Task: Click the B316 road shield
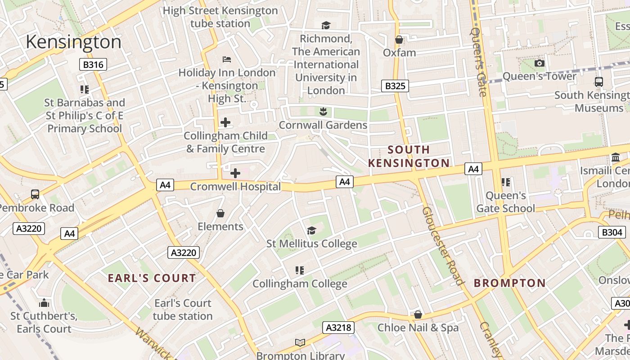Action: tap(93, 64)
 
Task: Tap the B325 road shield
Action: tap(395, 85)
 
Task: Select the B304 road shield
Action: tap(612, 232)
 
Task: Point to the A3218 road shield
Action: tap(338, 327)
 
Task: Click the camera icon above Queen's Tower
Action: tap(539, 63)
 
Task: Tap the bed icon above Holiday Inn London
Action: tap(227, 59)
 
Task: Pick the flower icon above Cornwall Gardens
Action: tap(323, 111)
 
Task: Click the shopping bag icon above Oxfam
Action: tap(399, 40)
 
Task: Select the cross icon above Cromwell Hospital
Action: tap(235, 173)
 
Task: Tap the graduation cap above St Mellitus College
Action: tap(311, 231)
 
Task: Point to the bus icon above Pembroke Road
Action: tap(35, 194)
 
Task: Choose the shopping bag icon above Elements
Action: tap(220, 213)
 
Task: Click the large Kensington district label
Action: tap(73, 42)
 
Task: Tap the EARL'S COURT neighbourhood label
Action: tap(152, 278)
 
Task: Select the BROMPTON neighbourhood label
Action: tap(509, 283)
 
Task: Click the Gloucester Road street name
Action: tap(443, 246)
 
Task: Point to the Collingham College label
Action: tap(300, 283)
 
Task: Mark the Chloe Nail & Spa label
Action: tap(418, 328)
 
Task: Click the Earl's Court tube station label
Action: tap(182, 310)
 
